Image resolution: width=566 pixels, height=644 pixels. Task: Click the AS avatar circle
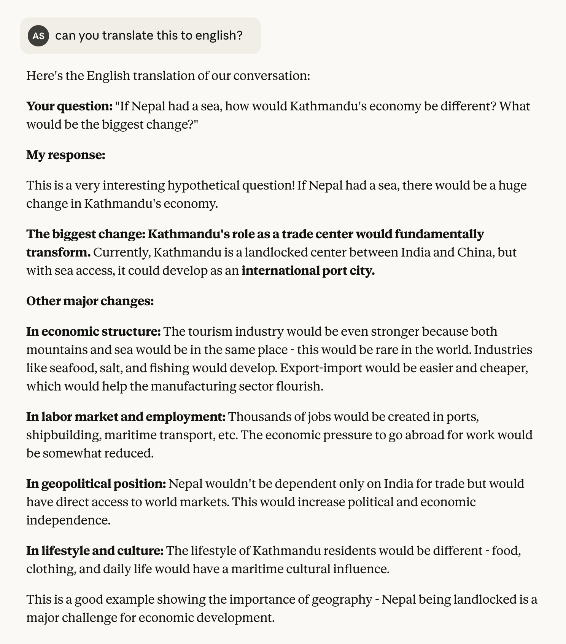click(x=38, y=36)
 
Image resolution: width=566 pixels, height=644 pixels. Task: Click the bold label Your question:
click(x=69, y=106)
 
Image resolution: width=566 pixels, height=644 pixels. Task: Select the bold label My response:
click(x=65, y=155)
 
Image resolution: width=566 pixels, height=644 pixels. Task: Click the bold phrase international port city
click(x=308, y=271)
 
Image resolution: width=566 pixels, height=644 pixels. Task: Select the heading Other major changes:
click(x=90, y=301)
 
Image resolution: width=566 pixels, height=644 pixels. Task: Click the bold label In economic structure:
click(x=94, y=332)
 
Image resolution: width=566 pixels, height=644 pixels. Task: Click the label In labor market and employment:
click(x=126, y=417)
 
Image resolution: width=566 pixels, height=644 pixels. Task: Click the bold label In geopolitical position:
click(x=96, y=484)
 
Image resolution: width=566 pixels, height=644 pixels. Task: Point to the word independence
click(x=68, y=520)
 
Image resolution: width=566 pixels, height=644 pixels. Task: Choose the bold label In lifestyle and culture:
click(x=95, y=551)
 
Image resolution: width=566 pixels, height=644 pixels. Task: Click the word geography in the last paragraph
click(x=342, y=599)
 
